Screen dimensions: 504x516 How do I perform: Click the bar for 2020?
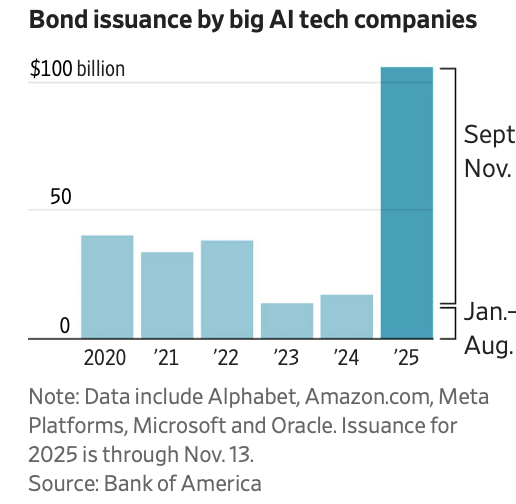107,287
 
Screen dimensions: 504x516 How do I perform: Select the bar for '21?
167,295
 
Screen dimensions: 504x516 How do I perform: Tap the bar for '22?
227,289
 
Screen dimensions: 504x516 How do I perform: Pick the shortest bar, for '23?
287,320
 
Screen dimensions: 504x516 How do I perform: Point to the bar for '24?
347,316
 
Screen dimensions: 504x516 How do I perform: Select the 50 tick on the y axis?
61,196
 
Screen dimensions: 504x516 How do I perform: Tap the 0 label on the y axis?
65,326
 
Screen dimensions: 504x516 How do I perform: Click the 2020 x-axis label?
107,357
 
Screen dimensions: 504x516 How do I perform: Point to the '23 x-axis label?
287,357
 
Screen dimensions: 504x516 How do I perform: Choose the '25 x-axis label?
407,357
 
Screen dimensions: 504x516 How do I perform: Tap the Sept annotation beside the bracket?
489,135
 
